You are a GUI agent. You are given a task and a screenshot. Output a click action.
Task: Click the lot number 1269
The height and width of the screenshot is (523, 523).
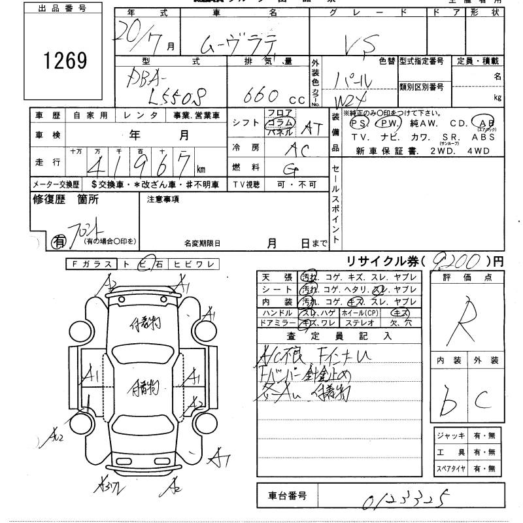pos(64,60)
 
